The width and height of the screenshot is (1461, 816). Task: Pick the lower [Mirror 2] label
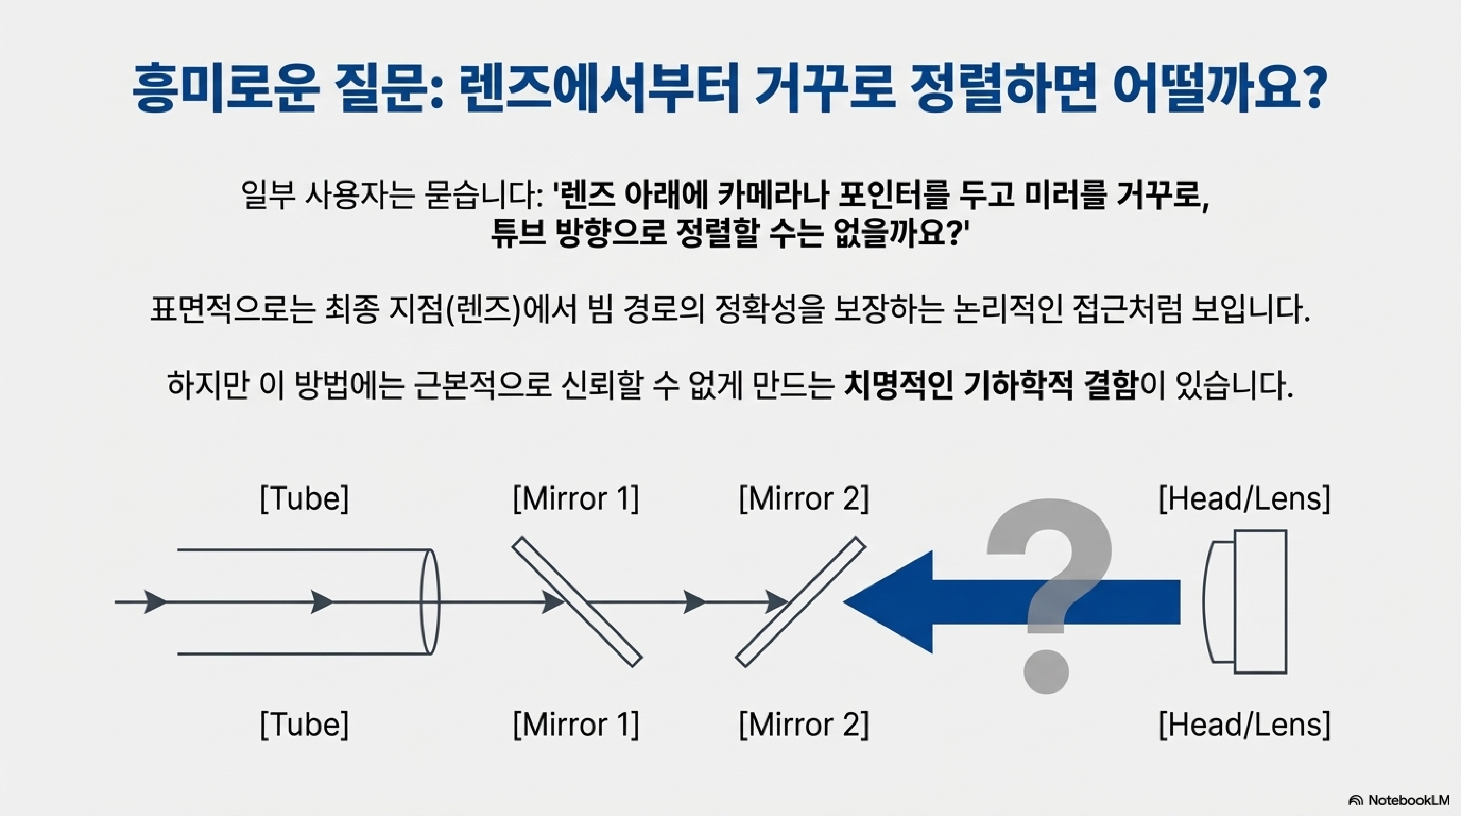pos(803,725)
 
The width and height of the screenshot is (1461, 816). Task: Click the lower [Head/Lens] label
pos(1244,725)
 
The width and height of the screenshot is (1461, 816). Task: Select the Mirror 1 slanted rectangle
pos(577,602)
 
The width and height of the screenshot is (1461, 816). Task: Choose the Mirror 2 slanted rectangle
pos(800,602)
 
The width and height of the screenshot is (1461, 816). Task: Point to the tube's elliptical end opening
pos(429,602)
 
